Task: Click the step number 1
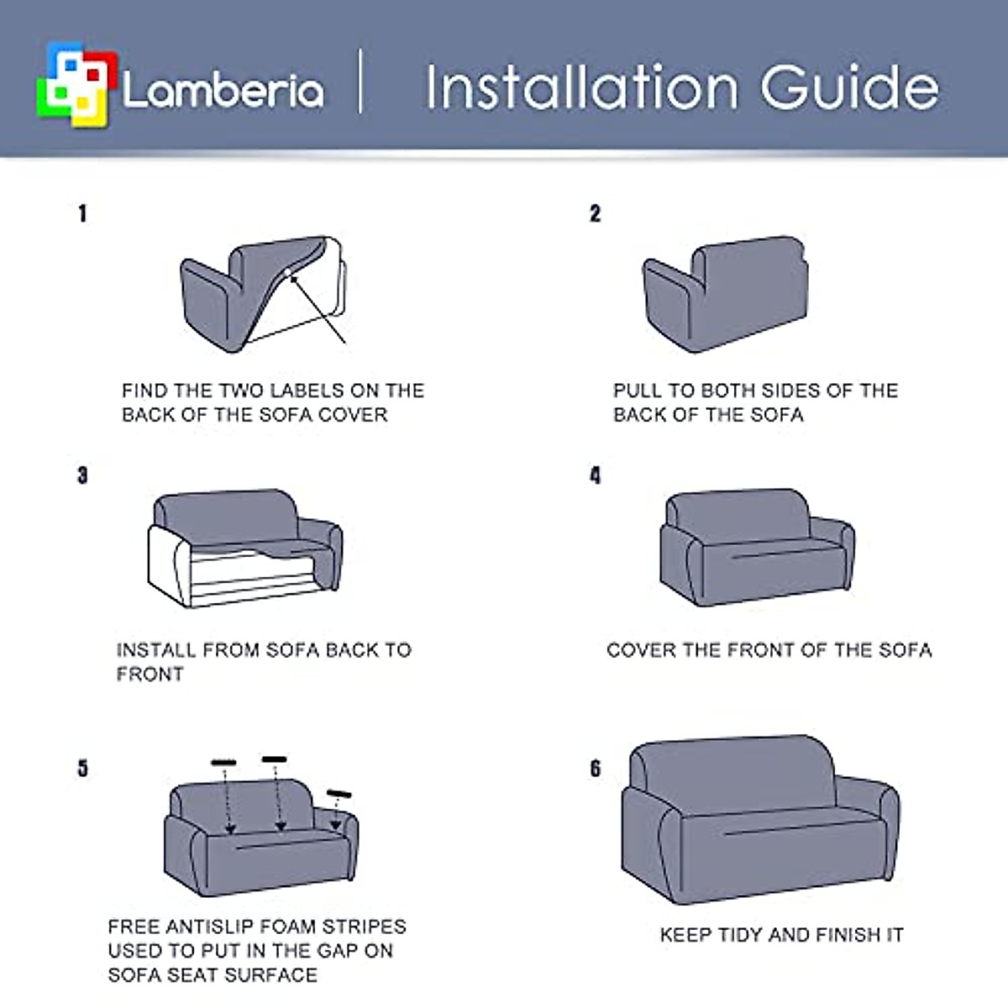coord(82,213)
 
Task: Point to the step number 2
coord(595,213)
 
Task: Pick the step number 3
coord(82,475)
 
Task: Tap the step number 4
coord(595,475)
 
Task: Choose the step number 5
coord(82,768)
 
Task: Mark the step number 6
coord(595,768)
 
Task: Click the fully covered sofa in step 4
coord(756,546)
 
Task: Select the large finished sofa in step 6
coord(759,819)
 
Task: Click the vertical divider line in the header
coord(361,81)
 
